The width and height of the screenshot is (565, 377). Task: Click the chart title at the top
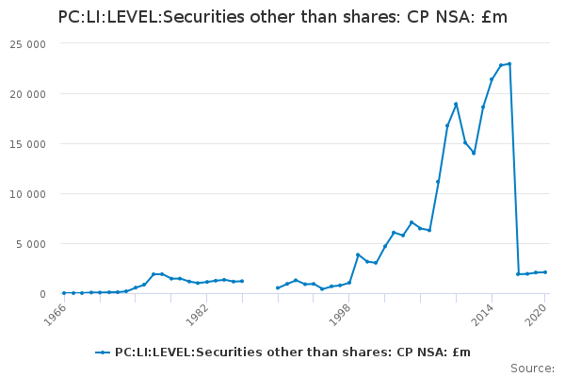click(282, 17)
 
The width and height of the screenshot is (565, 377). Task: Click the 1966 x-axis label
click(55, 315)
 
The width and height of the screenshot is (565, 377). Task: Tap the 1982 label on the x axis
click(197, 315)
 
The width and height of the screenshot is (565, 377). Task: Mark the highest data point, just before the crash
click(509, 64)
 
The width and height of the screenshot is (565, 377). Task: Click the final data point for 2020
click(545, 272)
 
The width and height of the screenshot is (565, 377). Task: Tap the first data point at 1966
click(64, 293)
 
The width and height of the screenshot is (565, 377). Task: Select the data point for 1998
click(349, 283)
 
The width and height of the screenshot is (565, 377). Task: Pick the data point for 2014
click(492, 79)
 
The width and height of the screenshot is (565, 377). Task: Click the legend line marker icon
click(103, 352)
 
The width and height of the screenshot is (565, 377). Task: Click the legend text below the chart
click(292, 352)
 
